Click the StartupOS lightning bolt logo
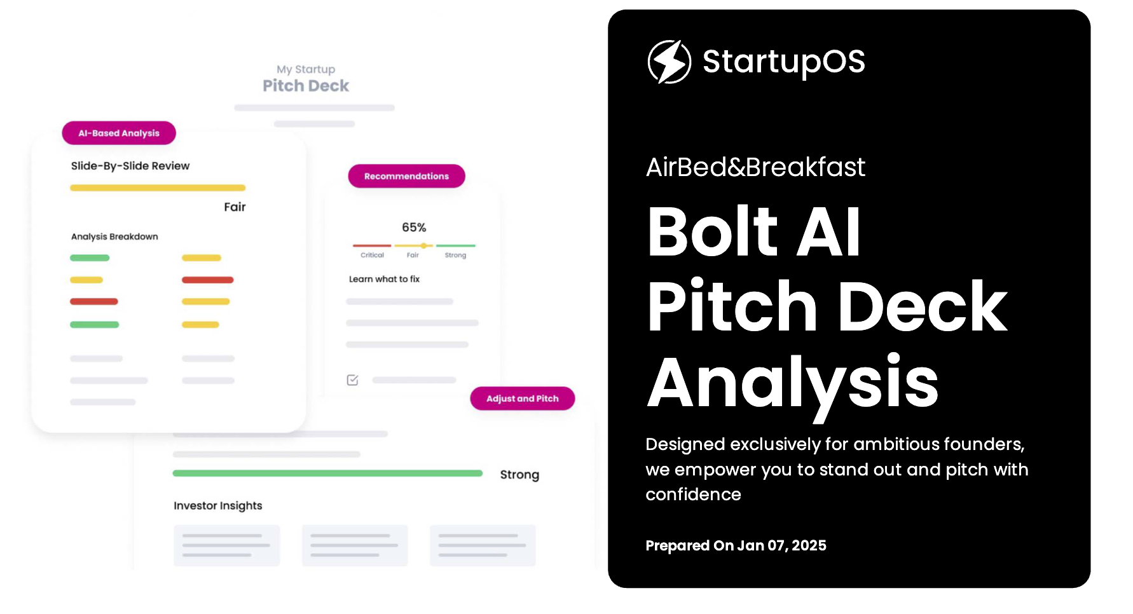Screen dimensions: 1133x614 point(669,62)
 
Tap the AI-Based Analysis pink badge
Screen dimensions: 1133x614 point(119,133)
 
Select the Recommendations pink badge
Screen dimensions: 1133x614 point(406,176)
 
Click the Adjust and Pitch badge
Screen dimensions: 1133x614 point(522,399)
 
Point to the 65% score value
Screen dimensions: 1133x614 point(414,227)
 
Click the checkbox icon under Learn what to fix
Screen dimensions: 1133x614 point(352,380)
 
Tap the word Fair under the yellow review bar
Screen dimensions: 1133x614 point(235,207)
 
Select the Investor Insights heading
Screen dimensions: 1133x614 point(218,505)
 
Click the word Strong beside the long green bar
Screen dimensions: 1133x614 point(519,475)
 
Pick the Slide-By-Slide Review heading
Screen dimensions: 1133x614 point(130,166)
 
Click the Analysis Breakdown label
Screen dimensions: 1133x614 point(114,236)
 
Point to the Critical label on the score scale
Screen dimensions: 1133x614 point(372,255)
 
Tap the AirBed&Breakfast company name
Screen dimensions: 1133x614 point(755,167)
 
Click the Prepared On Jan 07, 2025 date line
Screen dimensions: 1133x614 point(736,545)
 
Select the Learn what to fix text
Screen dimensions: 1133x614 point(384,279)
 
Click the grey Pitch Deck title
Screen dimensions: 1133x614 point(306,86)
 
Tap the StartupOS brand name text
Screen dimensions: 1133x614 point(783,62)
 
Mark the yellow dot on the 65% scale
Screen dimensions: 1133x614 point(423,245)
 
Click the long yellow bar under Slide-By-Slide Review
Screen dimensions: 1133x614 point(158,188)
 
